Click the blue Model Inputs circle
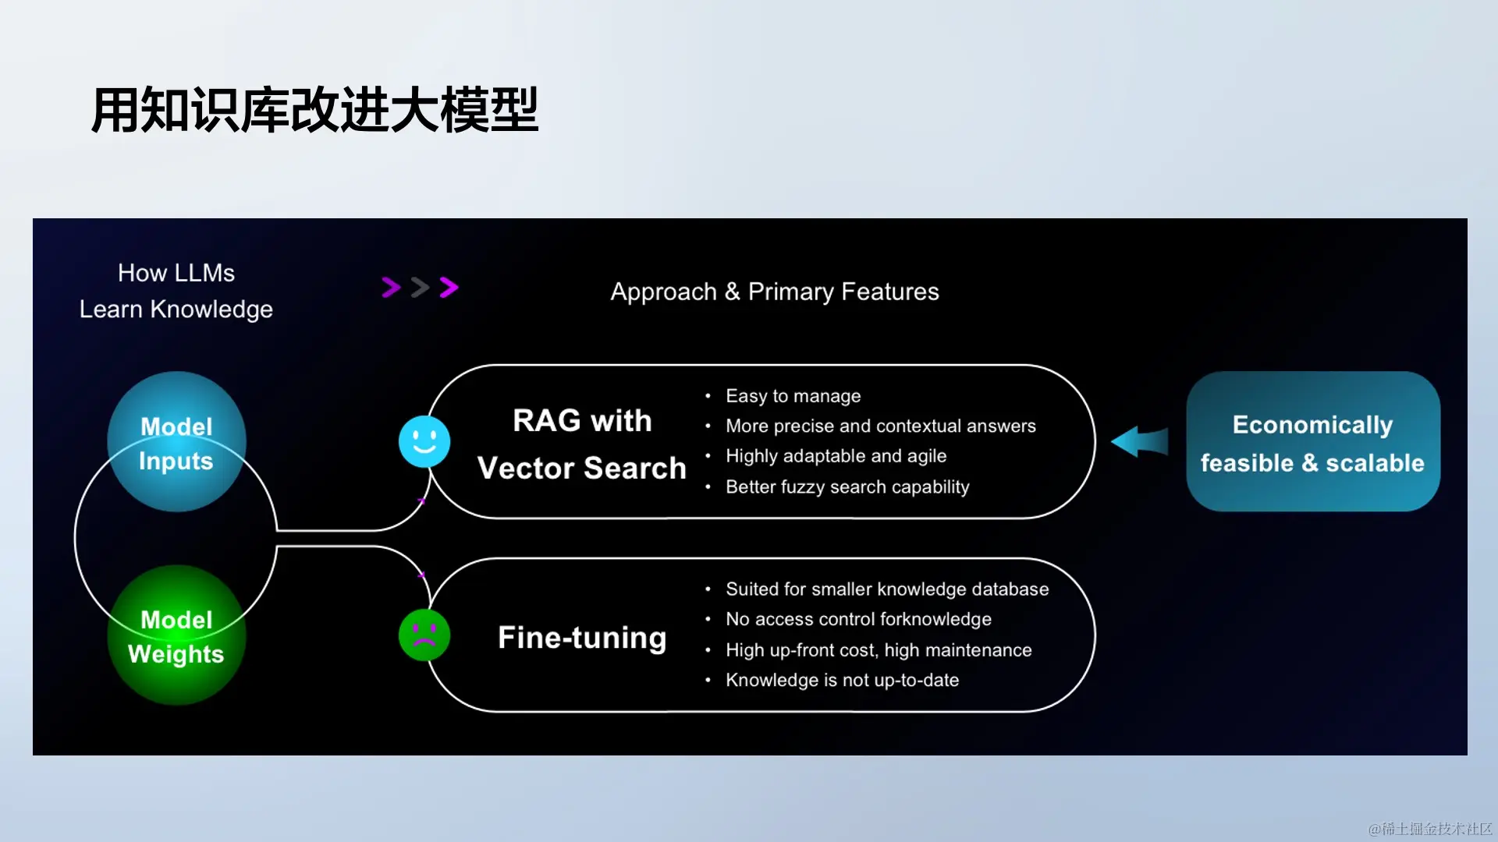click(176, 442)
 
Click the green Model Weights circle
click(176, 635)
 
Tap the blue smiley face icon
click(424, 441)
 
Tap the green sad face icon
click(424, 635)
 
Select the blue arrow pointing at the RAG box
click(1140, 441)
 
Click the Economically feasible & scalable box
click(1312, 442)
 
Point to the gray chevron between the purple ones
click(420, 288)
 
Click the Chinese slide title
click(314, 110)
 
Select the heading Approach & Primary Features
click(775, 292)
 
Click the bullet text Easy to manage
click(793, 396)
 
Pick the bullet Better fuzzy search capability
click(847, 487)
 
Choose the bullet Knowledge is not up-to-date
click(842, 681)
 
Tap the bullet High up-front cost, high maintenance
click(879, 650)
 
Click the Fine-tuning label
click(582, 638)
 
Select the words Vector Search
click(582, 468)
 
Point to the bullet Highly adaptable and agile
click(836, 456)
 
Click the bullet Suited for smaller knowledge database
click(887, 589)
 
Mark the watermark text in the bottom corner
click(1430, 828)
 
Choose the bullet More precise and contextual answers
click(880, 426)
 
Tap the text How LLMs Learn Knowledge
click(176, 291)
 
